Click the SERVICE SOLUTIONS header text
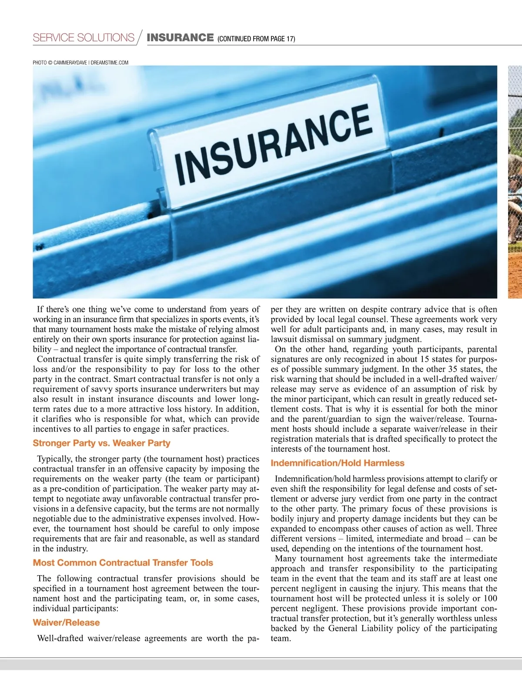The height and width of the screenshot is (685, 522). [x=84, y=37]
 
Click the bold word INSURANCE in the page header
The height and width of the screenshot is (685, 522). [x=180, y=37]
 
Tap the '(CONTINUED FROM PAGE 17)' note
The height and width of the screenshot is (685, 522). [x=256, y=39]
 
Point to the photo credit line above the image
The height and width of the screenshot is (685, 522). [x=80, y=63]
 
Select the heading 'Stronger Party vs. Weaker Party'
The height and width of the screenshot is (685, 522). [x=101, y=443]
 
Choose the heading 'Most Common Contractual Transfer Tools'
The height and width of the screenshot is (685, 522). [x=123, y=563]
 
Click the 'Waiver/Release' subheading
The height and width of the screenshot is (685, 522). [x=66, y=623]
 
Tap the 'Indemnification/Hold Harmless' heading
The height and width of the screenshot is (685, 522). [x=338, y=463]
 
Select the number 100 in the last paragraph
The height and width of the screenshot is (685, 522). [x=490, y=598]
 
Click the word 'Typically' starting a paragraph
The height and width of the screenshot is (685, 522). [x=54, y=459]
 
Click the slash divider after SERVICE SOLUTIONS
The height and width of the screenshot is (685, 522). [x=140, y=37]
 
